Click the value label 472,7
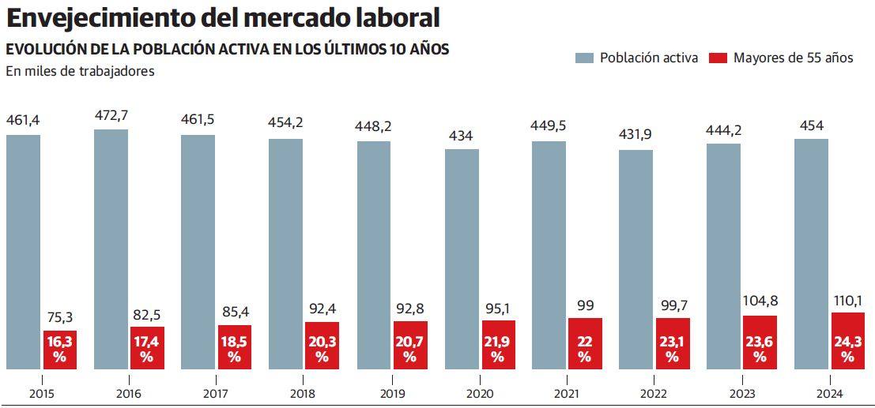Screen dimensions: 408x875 coord(111,116)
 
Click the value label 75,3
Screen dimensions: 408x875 coord(60,317)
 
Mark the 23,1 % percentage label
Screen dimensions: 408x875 coord(672,350)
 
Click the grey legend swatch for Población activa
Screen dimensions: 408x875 coord(584,58)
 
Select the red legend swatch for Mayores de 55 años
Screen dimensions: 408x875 coord(718,58)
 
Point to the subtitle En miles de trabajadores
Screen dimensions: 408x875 coord(80,71)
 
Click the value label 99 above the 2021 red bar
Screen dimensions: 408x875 coord(585,305)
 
